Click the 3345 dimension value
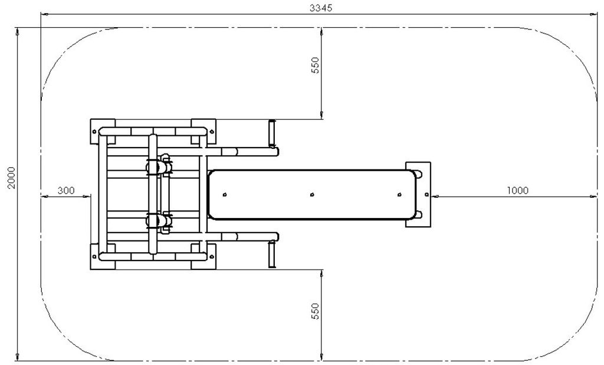coord(320,8)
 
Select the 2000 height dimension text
coord(12,178)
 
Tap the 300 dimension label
coord(66,190)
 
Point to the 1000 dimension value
coord(518,190)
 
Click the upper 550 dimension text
coord(315,65)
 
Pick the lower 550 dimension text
coord(315,311)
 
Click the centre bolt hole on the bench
coord(312,194)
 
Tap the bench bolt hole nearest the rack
coord(225,194)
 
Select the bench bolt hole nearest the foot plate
coord(399,194)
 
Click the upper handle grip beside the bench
coord(272,133)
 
